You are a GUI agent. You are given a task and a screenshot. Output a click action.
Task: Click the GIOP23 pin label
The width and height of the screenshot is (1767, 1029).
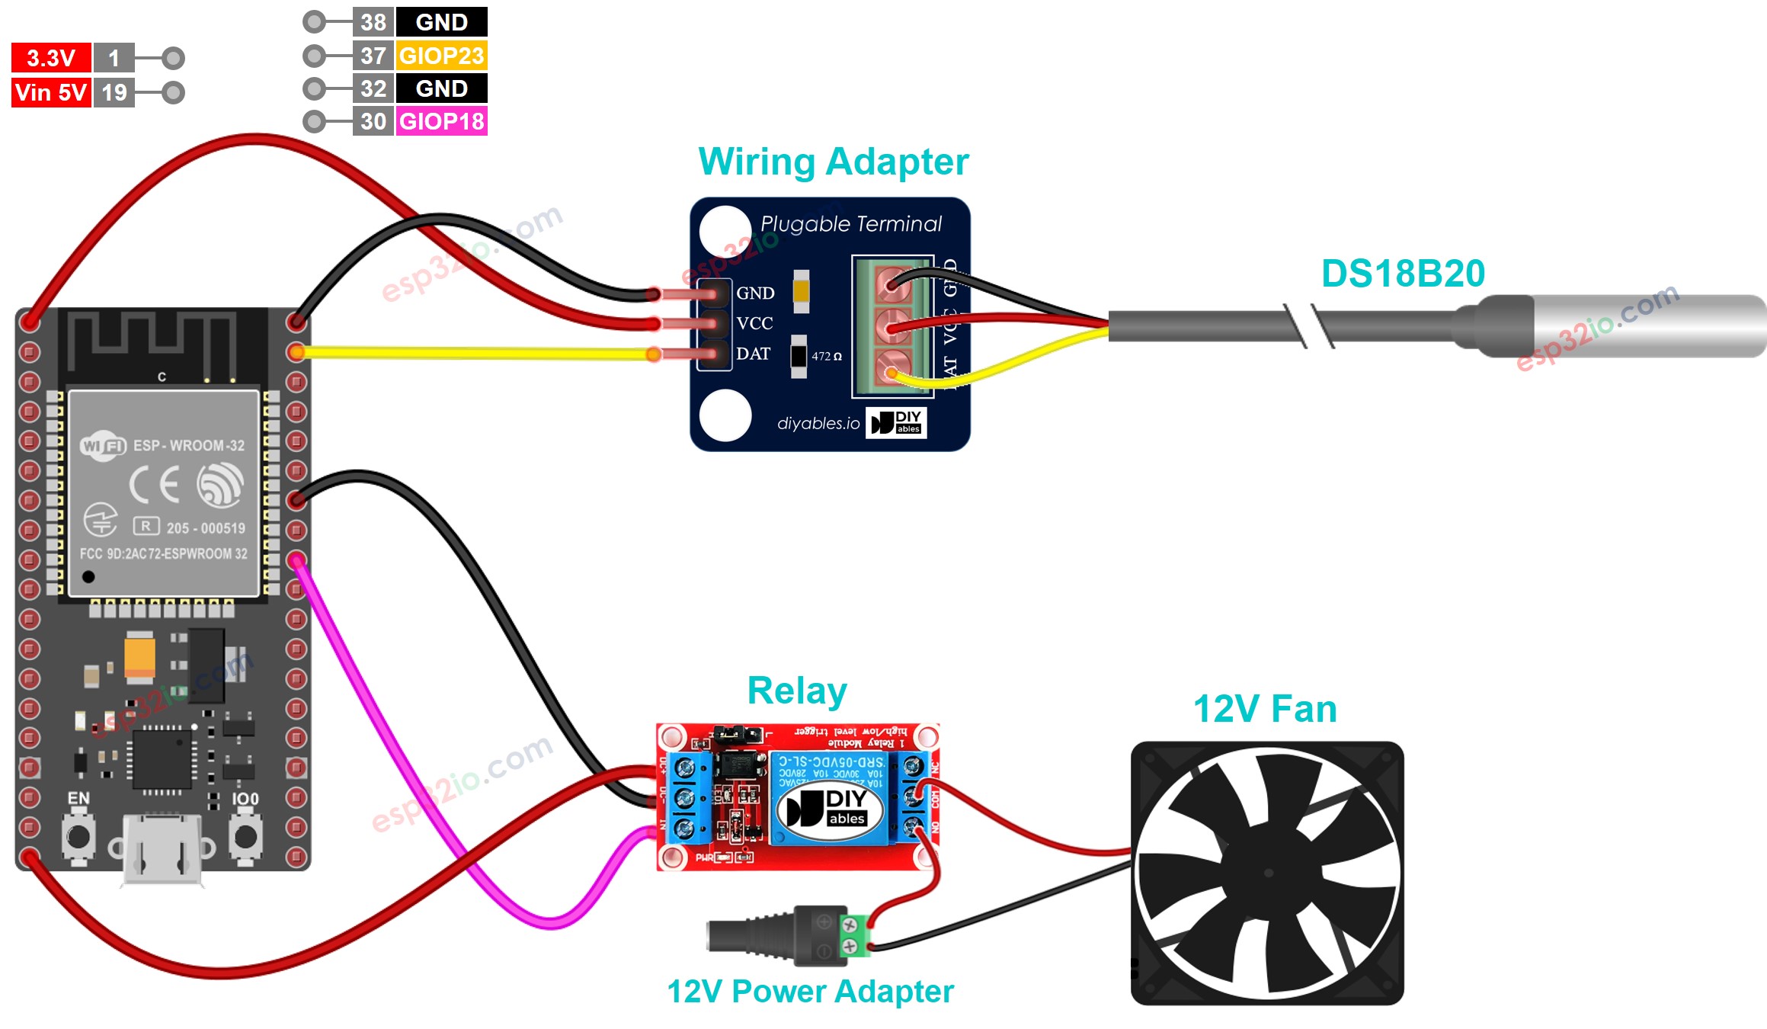[x=441, y=56]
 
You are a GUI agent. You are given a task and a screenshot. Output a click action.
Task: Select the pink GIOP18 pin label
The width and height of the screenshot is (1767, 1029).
[x=441, y=121]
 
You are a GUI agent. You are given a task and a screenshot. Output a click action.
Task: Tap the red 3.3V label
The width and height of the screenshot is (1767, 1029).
[x=50, y=58]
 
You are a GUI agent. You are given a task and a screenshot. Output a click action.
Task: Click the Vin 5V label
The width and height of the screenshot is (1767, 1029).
[x=50, y=92]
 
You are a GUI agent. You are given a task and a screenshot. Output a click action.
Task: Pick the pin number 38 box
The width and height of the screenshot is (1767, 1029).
[x=373, y=22]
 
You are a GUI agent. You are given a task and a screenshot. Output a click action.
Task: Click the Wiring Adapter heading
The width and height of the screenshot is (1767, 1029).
[x=833, y=162]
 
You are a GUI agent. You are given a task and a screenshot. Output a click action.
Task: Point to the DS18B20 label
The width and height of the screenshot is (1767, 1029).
[x=1402, y=273]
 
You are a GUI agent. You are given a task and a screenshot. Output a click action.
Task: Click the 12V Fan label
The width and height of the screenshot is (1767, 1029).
[x=1264, y=709]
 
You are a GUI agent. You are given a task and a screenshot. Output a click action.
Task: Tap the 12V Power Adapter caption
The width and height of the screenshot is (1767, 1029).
[x=809, y=992]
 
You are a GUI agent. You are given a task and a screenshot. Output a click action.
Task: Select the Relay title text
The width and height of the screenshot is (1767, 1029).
[x=796, y=691]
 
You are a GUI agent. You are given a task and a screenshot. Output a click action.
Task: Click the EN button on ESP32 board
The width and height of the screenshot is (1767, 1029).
[x=78, y=836]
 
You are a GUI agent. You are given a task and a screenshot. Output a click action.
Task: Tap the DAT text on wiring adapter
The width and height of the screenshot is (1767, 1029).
[x=753, y=354]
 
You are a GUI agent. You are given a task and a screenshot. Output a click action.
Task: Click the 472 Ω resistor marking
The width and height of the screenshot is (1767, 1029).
[x=826, y=356]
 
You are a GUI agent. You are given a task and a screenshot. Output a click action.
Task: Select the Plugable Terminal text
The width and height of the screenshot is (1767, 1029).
[x=850, y=224]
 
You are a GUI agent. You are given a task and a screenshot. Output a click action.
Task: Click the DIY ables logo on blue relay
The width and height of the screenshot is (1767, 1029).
[x=831, y=808]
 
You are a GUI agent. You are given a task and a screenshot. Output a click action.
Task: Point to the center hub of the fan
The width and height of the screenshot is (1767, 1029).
[x=1268, y=874]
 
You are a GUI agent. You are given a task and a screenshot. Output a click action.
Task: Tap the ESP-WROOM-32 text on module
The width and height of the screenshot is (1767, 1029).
[x=188, y=445]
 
